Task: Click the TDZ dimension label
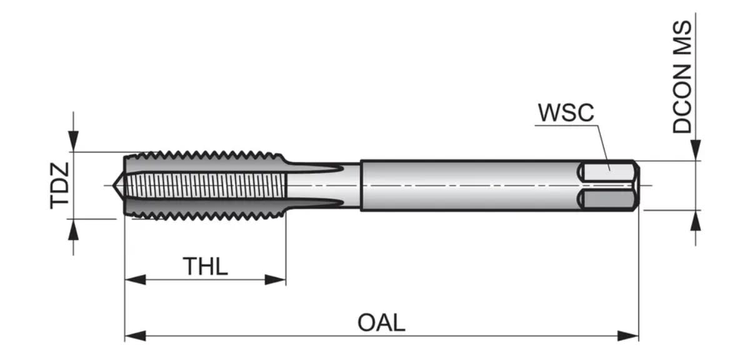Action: (61, 185)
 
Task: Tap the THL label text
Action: (205, 266)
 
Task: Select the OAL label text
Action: (381, 323)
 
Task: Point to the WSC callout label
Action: (566, 113)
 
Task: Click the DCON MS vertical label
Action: (682, 77)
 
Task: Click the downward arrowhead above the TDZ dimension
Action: (73, 141)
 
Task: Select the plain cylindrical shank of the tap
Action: (469, 186)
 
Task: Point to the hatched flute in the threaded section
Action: (206, 186)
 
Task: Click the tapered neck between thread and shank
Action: (322, 186)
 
